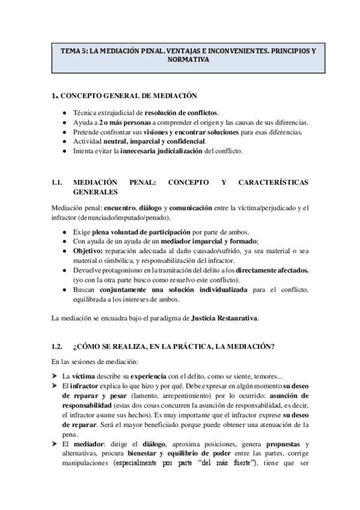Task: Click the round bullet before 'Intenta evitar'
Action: (64, 151)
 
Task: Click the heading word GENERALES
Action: (96, 192)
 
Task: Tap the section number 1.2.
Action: (57, 346)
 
